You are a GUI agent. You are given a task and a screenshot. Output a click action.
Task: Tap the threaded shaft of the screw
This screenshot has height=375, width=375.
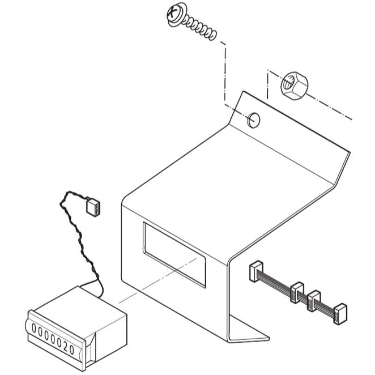(201, 27)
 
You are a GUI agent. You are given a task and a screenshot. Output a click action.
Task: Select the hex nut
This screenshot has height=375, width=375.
(295, 86)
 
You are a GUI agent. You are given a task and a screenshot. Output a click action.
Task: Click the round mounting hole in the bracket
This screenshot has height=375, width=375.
(254, 120)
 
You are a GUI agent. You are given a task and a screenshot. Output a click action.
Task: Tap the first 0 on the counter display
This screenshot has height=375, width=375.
(34, 329)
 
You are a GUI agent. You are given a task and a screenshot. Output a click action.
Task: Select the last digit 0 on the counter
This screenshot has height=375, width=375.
(71, 350)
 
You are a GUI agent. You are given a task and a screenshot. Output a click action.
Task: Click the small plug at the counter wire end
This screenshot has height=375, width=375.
(93, 207)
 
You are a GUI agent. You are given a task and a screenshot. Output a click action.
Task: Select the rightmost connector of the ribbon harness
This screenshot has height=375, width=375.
(340, 313)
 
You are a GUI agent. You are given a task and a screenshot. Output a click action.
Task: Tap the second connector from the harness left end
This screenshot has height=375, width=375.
(297, 292)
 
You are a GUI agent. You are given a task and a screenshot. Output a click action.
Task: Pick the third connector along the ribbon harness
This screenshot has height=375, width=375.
(314, 301)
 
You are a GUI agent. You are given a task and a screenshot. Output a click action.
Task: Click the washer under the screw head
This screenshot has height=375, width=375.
(177, 15)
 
